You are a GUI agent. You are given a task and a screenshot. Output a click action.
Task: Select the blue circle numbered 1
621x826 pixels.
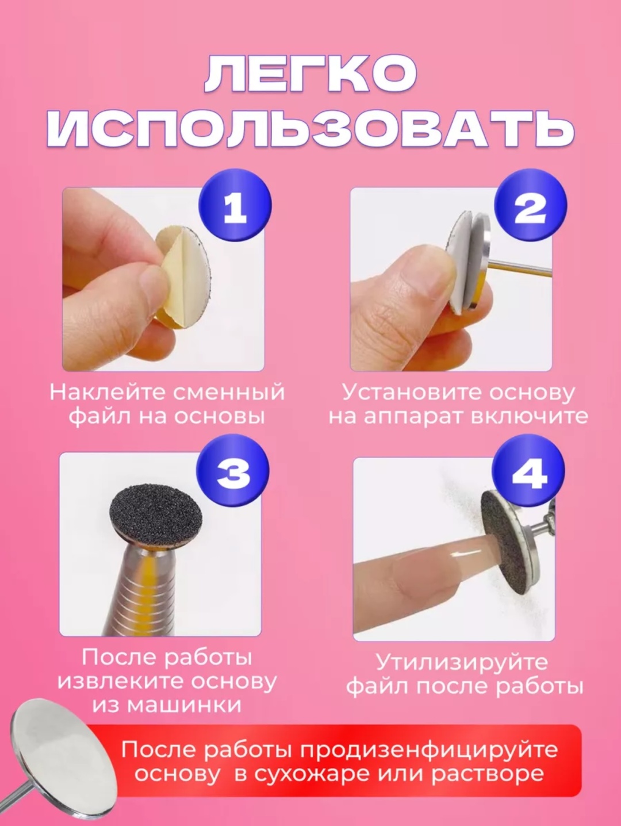(235, 205)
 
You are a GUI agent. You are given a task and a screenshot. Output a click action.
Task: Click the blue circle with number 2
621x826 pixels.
(530, 205)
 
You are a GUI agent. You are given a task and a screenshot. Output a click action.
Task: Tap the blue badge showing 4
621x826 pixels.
(529, 473)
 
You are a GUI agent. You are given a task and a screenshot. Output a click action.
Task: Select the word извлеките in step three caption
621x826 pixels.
(120, 682)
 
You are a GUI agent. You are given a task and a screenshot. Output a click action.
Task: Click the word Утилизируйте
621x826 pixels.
(462, 663)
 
